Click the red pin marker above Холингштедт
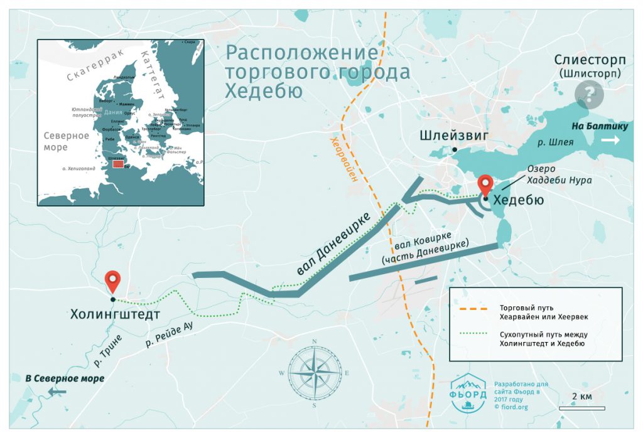(x=113, y=281)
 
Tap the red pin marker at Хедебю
(x=485, y=186)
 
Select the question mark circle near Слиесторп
(x=589, y=95)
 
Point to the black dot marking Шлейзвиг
(x=455, y=149)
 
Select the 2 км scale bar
(x=581, y=409)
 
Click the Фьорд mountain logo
(x=468, y=392)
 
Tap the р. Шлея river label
(x=556, y=142)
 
